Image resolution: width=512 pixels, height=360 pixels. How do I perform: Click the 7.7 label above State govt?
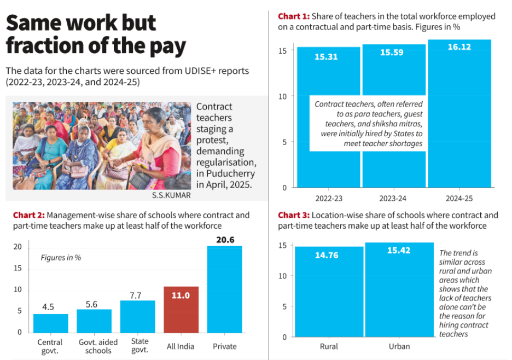(135, 295)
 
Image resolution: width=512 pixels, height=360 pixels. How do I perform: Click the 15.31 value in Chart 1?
(326, 56)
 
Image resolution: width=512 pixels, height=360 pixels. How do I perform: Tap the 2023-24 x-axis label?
(394, 198)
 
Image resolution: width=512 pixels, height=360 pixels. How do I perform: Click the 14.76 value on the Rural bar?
(326, 255)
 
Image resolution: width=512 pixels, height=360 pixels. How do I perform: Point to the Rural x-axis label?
(329, 346)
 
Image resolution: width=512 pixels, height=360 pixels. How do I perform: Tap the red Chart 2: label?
(29, 215)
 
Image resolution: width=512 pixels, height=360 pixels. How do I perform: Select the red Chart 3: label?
(294, 215)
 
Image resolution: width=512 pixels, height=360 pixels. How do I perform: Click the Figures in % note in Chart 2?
(61, 257)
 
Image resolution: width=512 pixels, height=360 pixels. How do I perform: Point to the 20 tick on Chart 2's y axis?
(18, 247)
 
